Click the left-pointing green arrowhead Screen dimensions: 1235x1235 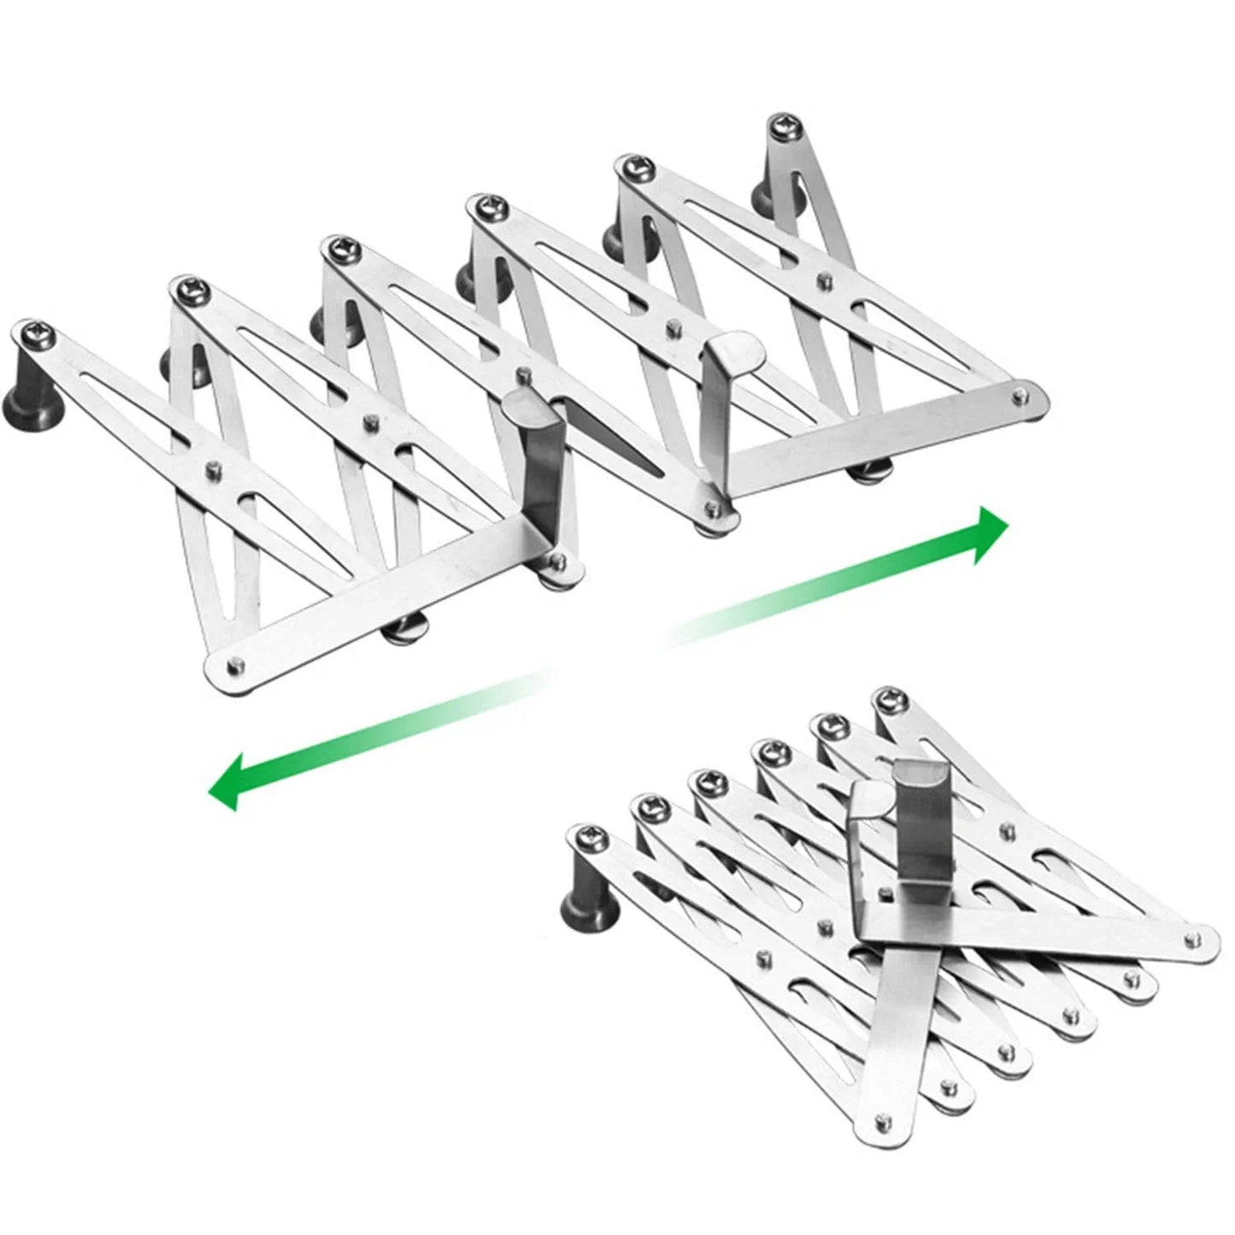(227, 782)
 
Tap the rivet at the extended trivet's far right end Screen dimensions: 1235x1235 (1019, 395)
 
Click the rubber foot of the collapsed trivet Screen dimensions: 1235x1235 (581, 906)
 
